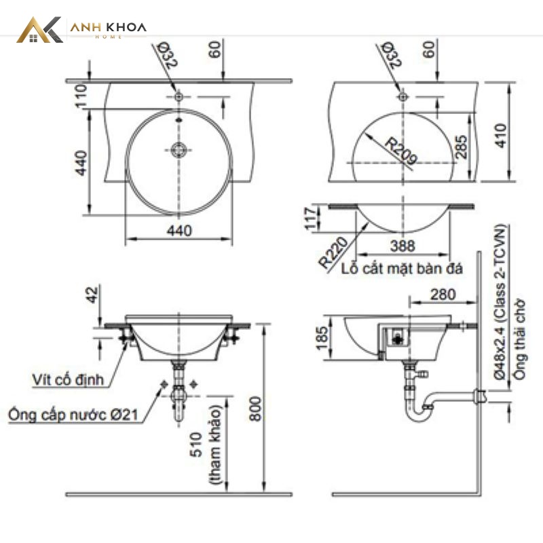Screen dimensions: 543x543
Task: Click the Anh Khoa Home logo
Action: pyautogui.click(x=81, y=30)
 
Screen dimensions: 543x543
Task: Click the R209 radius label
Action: pyautogui.click(x=400, y=151)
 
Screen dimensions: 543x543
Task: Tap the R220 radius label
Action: pyautogui.click(x=333, y=252)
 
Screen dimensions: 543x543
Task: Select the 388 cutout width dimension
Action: pyautogui.click(x=402, y=246)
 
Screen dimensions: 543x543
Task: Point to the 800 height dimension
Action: pyautogui.click(x=256, y=409)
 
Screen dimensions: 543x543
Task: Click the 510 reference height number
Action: pyautogui.click(x=196, y=445)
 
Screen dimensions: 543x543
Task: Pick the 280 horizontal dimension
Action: pyautogui.click(x=443, y=295)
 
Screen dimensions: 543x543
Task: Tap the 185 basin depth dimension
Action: pyautogui.click(x=322, y=338)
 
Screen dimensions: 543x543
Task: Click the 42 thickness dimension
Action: pyautogui.click(x=92, y=295)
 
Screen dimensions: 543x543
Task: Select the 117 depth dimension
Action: pyautogui.click(x=311, y=218)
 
